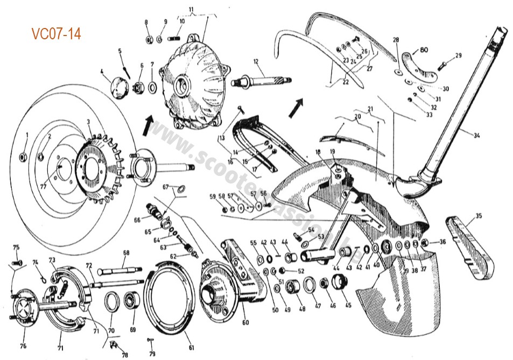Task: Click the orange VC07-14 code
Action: [56, 34]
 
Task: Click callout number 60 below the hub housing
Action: [245, 323]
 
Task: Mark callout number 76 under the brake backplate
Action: [23, 346]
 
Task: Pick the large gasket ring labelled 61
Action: [172, 301]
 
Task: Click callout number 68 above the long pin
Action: [126, 252]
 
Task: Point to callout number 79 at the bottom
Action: [152, 354]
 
